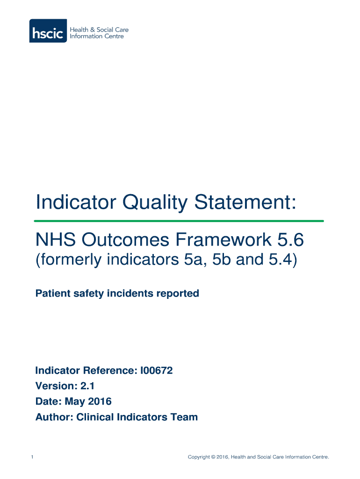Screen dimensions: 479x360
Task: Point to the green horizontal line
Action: point(179,221)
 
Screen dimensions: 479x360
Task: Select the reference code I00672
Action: point(156,371)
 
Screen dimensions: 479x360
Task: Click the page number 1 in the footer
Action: point(31,457)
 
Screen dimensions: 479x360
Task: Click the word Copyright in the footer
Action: point(199,457)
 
